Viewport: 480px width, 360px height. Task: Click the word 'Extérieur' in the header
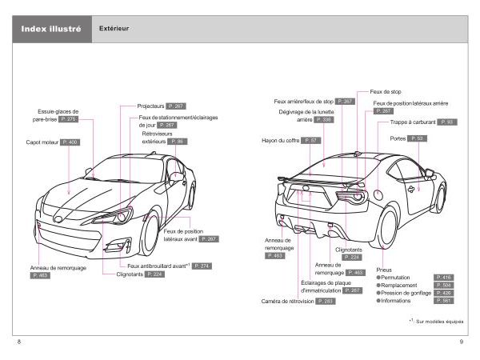click(x=114, y=30)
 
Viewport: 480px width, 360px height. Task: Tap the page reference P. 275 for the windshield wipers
click(x=70, y=118)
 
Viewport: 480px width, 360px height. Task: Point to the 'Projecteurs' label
click(x=150, y=105)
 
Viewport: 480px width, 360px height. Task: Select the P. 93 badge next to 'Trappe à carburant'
click(x=446, y=122)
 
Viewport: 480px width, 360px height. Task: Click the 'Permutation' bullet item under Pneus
click(x=397, y=277)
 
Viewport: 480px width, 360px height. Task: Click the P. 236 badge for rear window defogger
click(x=321, y=120)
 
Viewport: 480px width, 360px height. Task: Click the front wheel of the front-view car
click(x=149, y=235)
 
